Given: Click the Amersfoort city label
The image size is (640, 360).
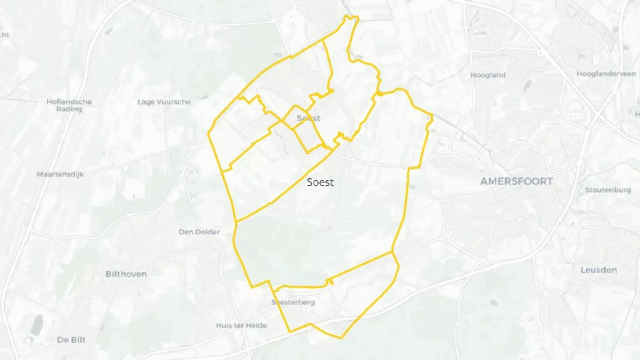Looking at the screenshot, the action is tap(516, 181).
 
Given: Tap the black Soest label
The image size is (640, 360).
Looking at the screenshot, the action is tap(321, 182).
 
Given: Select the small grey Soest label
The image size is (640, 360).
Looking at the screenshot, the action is tap(308, 118).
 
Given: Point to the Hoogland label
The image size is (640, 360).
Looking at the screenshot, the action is tap(488, 75).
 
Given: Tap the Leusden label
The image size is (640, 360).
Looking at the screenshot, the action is tap(599, 270).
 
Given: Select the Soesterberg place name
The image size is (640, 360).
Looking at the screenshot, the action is tap(292, 303).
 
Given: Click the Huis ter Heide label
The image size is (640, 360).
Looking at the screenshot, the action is tap(241, 326).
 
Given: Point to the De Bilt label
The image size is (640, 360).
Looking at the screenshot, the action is tap(71, 340).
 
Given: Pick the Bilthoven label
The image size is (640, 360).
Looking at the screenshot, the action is tap(126, 274).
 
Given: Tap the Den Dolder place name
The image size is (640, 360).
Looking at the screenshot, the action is tap(199, 232).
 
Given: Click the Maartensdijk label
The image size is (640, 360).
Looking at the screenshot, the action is tap(60, 174).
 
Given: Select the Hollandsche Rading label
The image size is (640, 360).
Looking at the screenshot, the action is tap(69, 105).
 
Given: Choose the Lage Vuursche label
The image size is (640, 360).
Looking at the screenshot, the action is tap(164, 102).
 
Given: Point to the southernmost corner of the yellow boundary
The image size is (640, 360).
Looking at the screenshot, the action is tap(341, 338).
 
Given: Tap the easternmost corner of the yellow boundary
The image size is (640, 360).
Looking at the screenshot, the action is tap(432, 116).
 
